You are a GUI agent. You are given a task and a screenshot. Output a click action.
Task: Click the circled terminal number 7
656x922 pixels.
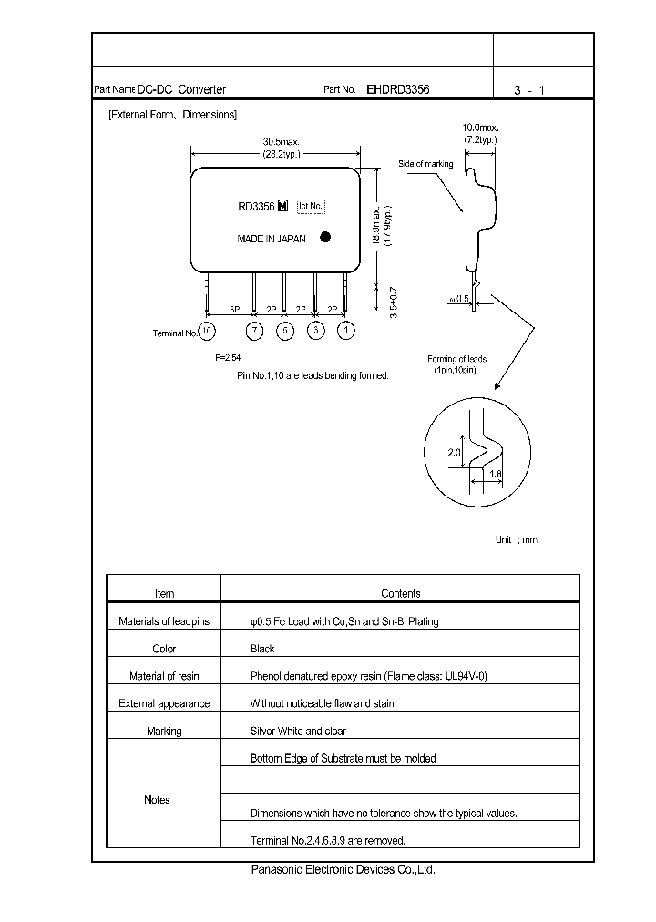coord(255,331)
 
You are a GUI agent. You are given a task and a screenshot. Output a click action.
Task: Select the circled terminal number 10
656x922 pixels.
coord(209,331)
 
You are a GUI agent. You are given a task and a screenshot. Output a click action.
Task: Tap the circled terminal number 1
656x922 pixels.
coord(345,331)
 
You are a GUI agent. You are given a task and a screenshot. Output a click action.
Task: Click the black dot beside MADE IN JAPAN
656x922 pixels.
coord(325,237)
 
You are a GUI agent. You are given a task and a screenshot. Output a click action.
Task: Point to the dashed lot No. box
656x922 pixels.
coord(312,206)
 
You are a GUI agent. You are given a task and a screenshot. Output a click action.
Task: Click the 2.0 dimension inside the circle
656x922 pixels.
coord(456,452)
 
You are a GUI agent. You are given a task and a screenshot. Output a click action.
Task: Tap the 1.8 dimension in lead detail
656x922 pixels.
coord(496,475)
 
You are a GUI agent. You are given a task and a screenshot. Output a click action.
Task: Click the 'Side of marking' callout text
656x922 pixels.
coord(425,164)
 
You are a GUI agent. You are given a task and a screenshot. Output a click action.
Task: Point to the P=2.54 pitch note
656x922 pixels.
coord(228,358)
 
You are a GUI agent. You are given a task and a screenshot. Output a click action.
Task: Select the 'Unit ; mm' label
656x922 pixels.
coord(517,539)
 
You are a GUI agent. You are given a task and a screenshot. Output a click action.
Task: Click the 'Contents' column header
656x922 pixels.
coord(400,593)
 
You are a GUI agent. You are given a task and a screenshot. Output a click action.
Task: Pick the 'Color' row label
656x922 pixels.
coord(164,649)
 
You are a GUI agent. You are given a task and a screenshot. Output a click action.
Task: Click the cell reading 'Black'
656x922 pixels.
coord(262,649)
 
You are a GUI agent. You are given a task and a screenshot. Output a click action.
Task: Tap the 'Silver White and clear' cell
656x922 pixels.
coord(298,731)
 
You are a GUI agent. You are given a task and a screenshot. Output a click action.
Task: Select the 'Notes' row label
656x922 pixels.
coord(157,799)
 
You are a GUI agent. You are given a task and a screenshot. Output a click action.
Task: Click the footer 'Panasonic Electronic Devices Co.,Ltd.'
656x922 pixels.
coord(343,870)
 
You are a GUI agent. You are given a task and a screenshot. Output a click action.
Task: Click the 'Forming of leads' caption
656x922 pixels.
coord(456,359)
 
